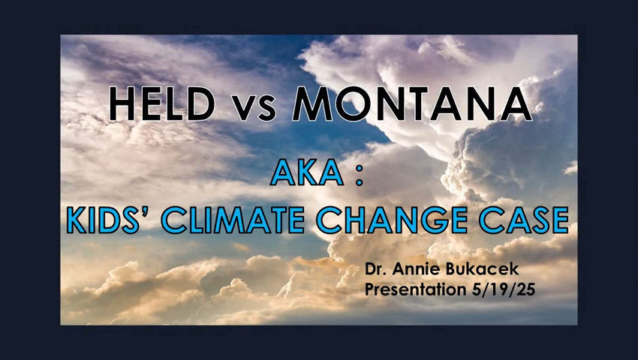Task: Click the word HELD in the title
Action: point(162,104)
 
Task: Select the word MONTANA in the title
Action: point(412,103)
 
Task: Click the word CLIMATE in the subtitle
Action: point(233,220)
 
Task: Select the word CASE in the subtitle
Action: point(524,220)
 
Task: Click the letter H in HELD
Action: point(122,104)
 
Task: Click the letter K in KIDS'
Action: point(77,220)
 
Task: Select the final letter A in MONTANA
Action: point(516,103)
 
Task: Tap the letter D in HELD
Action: point(201,104)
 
